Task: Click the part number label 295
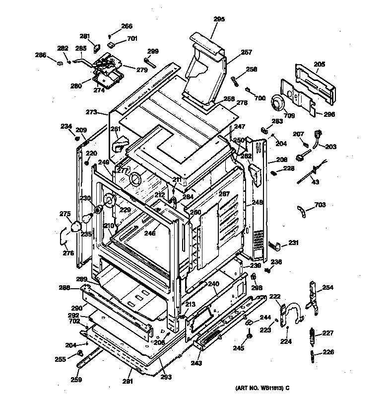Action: pyautogui.click(x=219, y=19)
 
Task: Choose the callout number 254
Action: pyautogui.click(x=328, y=287)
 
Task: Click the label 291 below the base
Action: pyautogui.click(x=128, y=381)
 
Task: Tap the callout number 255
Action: pyautogui.click(x=60, y=359)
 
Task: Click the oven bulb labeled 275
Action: pyautogui.click(x=75, y=227)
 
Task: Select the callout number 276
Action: pyautogui.click(x=68, y=253)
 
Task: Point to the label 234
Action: pyautogui.click(x=66, y=126)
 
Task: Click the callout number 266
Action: pyautogui.click(x=127, y=26)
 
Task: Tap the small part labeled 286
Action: pyautogui.click(x=60, y=63)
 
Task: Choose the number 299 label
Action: pyautogui.click(x=153, y=51)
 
